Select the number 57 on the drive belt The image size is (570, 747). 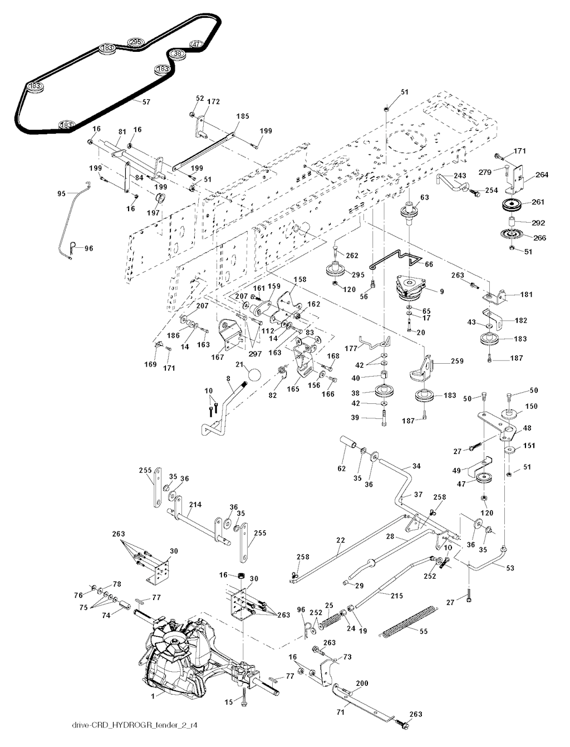coord(146,102)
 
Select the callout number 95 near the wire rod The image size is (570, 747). coord(61,193)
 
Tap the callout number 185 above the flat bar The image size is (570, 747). coord(243,116)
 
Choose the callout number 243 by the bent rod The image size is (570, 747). coord(460,175)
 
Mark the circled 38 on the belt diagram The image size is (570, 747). coord(177,53)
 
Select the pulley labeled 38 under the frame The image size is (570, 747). coord(385,391)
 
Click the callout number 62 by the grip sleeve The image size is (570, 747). coord(342,467)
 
